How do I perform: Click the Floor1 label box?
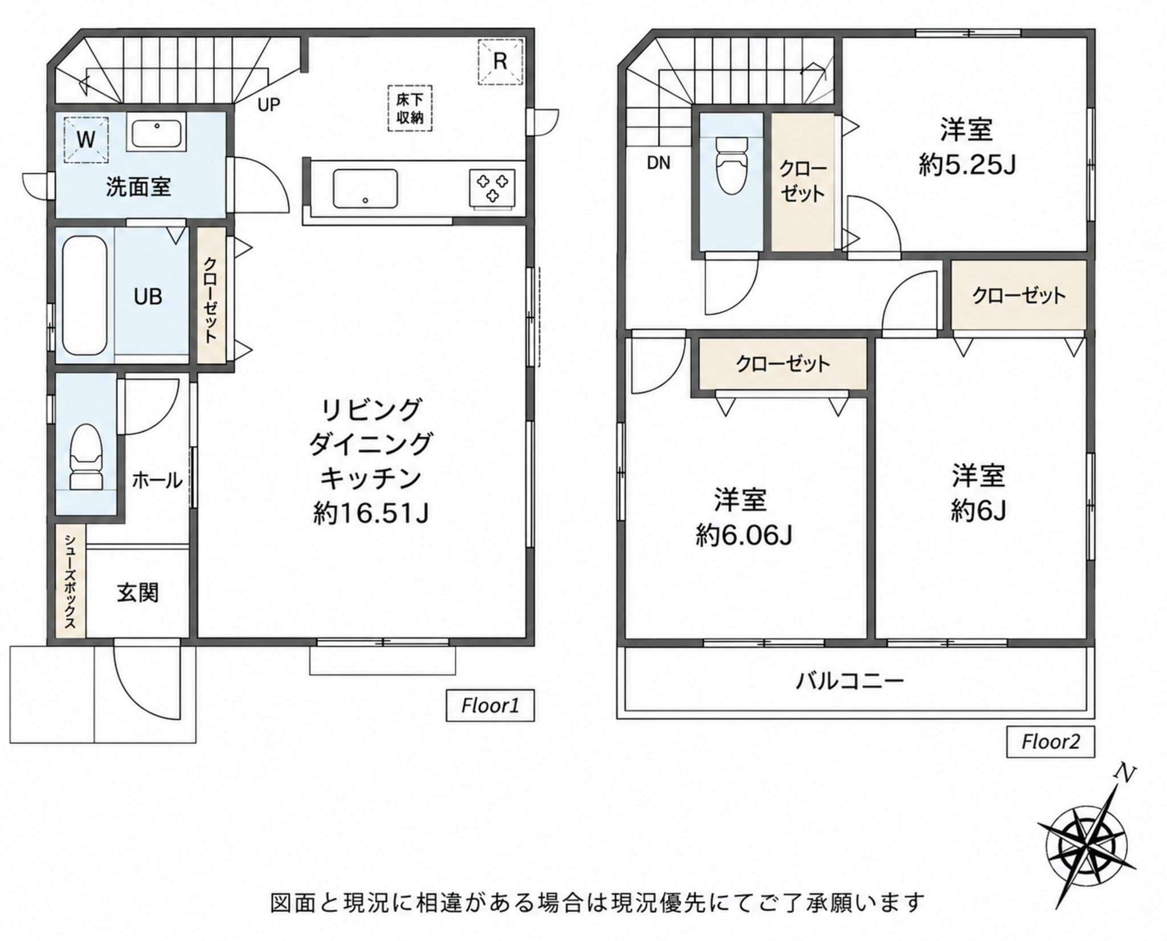[x=490, y=706]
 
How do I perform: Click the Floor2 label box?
[x=1050, y=742]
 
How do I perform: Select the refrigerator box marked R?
[x=500, y=62]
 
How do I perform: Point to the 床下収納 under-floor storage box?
[x=410, y=109]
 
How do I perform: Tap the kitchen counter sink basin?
[x=365, y=189]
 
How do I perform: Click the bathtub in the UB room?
[x=84, y=296]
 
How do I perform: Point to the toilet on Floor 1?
[x=86, y=457]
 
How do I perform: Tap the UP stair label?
[x=268, y=105]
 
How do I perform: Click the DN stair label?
[x=659, y=164]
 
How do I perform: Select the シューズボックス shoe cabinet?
[x=71, y=581]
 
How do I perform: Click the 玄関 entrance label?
[x=138, y=593]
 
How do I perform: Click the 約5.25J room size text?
[x=967, y=165]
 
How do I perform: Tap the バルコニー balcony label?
[x=850, y=681]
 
